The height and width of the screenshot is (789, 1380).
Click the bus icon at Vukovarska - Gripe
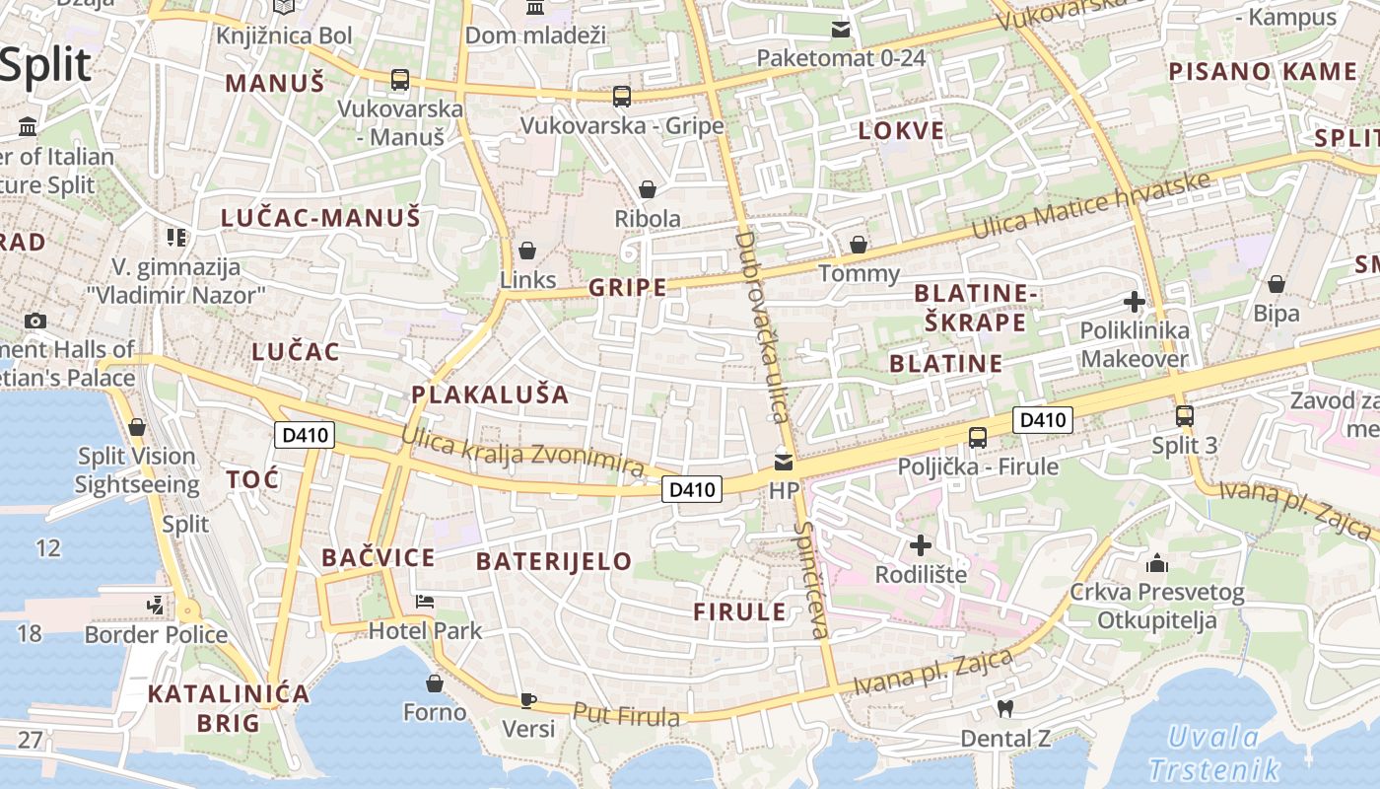(621, 96)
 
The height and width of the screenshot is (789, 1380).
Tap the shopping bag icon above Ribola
(648, 188)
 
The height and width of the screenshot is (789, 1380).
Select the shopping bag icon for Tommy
(859, 244)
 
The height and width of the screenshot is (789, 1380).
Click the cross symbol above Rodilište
(920, 544)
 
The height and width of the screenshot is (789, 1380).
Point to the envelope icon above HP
(784, 462)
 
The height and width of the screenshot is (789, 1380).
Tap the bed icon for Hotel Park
(425, 601)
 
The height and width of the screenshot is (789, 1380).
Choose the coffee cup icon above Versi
(528, 700)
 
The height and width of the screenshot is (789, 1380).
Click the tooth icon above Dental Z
(1004, 707)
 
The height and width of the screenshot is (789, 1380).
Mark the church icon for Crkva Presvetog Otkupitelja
(1157, 563)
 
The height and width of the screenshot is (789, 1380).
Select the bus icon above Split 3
(1185, 416)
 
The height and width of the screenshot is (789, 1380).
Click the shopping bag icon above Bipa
(1276, 284)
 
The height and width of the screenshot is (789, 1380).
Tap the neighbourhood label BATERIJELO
(553, 562)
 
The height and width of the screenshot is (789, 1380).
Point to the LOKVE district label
(901, 131)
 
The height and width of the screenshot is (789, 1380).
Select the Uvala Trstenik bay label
(1213, 753)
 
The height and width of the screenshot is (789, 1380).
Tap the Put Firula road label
(626, 715)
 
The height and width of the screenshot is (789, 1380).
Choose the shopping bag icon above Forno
(435, 682)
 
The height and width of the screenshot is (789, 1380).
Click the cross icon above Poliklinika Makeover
(1134, 301)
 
